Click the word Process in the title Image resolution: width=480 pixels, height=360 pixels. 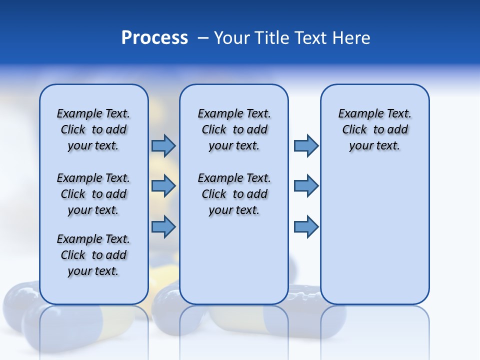point(154,38)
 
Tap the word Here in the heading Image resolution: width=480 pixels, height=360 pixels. point(352,38)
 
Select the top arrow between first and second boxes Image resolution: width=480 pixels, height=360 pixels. point(163,145)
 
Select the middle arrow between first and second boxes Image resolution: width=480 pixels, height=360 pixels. point(163,186)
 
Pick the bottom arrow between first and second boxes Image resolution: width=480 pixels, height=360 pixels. point(163,226)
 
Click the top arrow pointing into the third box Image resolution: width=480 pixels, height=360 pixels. point(306,145)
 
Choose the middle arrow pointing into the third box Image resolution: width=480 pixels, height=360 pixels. point(306,186)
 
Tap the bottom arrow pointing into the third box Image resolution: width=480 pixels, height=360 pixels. point(306,226)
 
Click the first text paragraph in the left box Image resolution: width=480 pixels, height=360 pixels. point(93,129)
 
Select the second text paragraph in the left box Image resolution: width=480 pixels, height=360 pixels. point(93,194)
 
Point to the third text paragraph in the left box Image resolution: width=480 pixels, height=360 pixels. point(93,255)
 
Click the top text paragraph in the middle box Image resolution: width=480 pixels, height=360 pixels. point(234,129)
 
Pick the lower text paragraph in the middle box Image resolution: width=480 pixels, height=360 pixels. point(234,194)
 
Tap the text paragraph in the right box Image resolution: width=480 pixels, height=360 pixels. point(374,129)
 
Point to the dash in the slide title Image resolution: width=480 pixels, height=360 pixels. point(203,38)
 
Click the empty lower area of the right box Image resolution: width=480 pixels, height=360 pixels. point(374,240)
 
